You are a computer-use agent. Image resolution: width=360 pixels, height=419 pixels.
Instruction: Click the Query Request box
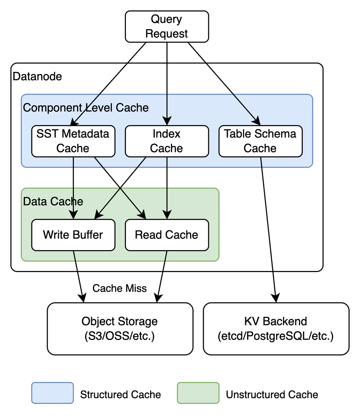167,27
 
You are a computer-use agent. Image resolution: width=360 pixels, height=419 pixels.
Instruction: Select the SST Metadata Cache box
73,141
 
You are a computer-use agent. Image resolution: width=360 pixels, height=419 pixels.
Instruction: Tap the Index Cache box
167,141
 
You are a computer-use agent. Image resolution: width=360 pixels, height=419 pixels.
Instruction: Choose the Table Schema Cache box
260,141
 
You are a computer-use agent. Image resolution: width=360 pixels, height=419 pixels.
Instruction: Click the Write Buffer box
73,235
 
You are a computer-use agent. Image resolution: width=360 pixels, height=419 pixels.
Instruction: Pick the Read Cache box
167,235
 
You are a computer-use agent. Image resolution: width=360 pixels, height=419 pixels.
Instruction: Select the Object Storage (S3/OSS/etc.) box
120,329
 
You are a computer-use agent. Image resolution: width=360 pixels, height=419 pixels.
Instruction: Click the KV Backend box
276,329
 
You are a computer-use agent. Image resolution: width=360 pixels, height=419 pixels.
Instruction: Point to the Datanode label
37,77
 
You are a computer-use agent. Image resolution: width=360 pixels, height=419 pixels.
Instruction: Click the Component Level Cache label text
86,108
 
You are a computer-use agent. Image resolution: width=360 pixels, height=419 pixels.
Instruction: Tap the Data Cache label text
53,201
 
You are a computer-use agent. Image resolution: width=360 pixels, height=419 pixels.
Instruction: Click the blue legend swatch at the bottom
53,392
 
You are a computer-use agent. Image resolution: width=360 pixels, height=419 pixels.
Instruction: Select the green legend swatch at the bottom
198,392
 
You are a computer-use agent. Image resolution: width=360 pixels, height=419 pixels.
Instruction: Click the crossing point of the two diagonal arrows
120,188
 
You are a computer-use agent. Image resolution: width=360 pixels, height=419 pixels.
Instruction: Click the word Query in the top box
166,19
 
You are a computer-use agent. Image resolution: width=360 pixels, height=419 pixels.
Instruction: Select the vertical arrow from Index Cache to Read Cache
167,187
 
